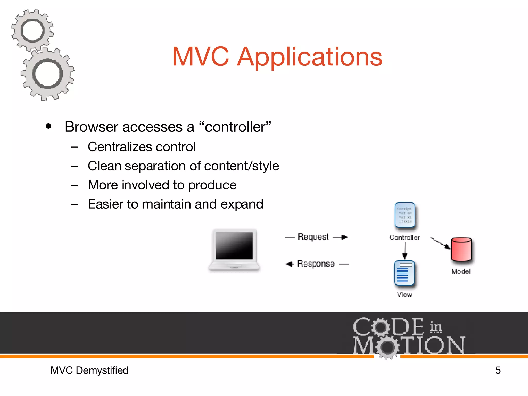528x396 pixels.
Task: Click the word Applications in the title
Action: point(309,57)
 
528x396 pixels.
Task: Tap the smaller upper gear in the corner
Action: point(32,30)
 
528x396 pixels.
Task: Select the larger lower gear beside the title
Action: point(47,74)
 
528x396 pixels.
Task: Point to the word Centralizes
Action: point(120,147)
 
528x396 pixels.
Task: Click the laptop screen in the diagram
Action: point(234,245)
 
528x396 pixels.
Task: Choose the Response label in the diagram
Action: point(316,263)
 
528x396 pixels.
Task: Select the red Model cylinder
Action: point(461,249)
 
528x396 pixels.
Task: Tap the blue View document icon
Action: point(404,273)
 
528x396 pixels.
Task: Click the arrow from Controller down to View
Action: point(405,251)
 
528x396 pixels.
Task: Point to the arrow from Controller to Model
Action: point(440,243)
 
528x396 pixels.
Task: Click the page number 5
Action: point(498,370)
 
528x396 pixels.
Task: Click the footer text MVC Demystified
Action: point(89,370)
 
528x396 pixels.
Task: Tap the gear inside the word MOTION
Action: point(387,347)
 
